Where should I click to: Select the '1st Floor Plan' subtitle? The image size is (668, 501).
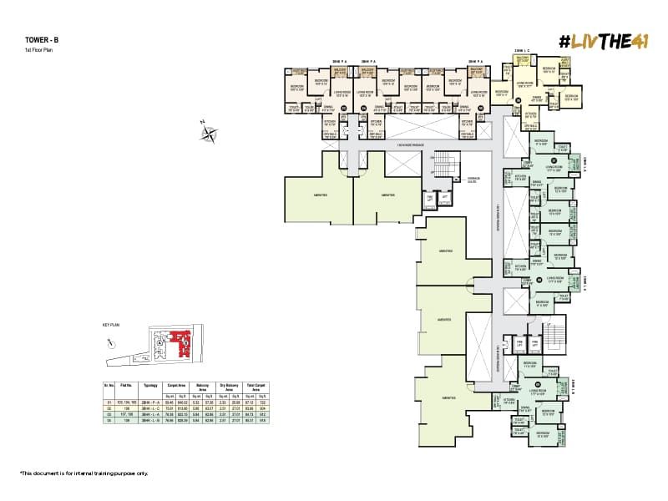pos(38,50)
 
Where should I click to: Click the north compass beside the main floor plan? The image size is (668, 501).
pos(208,131)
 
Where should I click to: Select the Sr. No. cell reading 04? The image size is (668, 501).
pos(108,420)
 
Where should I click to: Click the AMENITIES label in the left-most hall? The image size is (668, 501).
pos(317,194)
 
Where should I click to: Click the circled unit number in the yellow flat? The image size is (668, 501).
pos(518,100)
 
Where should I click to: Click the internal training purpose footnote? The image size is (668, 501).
pos(83,473)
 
